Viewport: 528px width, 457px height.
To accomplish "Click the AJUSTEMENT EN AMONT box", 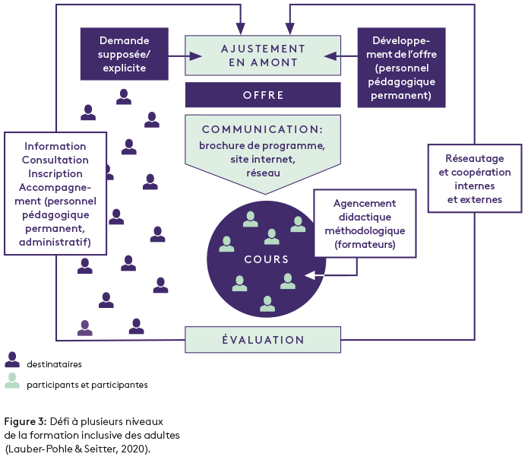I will click(x=262, y=55).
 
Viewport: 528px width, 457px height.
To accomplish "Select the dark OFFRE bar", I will click(x=262, y=95).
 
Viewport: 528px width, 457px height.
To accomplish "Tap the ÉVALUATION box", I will click(x=262, y=340).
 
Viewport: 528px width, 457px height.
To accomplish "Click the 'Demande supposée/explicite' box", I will click(x=124, y=54).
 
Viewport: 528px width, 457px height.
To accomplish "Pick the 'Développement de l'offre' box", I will click(x=401, y=68).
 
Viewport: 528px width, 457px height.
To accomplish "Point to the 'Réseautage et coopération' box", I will click(x=474, y=179).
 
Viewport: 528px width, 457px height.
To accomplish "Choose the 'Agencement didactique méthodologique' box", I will click(x=365, y=224).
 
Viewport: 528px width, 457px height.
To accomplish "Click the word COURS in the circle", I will click(x=266, y=259).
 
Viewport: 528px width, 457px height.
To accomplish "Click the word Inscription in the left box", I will click(x=55, y=173).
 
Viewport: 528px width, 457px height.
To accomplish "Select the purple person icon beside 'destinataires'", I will click(x=12, y=360).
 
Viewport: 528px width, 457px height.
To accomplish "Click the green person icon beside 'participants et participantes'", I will click(x=12, y=380).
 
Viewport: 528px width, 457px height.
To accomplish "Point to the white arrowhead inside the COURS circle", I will click(x=308, y=275).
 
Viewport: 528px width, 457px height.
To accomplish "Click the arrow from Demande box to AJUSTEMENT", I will click(x=185, y=55).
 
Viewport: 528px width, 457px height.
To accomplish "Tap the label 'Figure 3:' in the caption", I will click(x=25, y=421).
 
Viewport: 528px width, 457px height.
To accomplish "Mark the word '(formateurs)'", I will click(x=365, y=244).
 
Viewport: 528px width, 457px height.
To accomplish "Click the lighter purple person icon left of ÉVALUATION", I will click(x=85, y=328).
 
